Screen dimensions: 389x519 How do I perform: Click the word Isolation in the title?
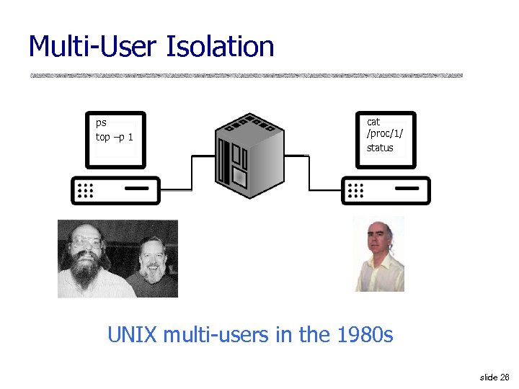tap(221, 47)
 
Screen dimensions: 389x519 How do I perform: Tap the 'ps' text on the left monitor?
tap(101, 122)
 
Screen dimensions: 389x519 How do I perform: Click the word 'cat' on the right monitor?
tap(373, 122)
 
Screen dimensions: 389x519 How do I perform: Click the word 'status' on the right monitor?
tap(380, 148)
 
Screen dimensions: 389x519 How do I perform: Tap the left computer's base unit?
tap(115, 190)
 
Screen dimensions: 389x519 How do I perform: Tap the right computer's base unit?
tap(386, 190)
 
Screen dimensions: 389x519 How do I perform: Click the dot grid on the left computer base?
tap(86, 190)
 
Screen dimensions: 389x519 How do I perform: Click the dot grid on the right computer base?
tap(356, 190)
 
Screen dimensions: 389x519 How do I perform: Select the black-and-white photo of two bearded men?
tap(117, 259)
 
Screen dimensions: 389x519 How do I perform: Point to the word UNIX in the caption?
tap(133, 335)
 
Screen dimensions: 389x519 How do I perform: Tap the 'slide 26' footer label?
tap(494, 377)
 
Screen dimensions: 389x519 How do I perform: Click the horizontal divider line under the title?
tap(245, 75)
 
